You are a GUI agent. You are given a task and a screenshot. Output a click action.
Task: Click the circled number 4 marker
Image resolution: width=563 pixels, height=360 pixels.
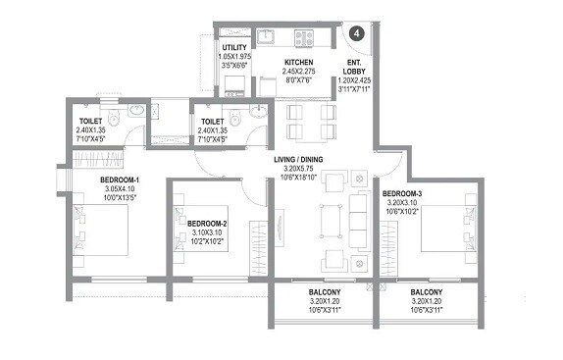click(357, 32)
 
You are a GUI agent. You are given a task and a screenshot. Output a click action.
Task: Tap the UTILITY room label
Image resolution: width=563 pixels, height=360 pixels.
click(233, 47)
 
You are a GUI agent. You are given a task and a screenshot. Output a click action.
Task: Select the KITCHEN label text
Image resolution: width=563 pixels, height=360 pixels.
click(272, 62)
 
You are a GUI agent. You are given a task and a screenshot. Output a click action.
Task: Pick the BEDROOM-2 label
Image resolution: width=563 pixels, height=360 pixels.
click(206, 224)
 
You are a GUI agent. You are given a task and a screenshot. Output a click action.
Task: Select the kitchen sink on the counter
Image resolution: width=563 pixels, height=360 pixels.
click(267, 39)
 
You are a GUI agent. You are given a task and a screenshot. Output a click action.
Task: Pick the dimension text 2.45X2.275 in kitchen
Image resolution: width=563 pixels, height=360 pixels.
click(272, 73)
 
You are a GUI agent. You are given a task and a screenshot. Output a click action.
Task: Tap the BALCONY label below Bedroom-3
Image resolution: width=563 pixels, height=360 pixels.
click(426, 292)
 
